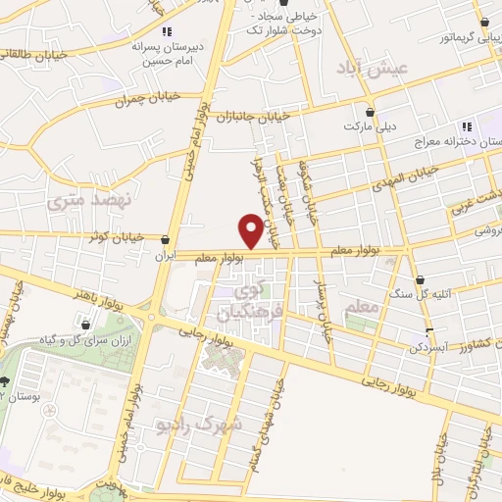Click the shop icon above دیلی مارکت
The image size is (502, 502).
point(369,111)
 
